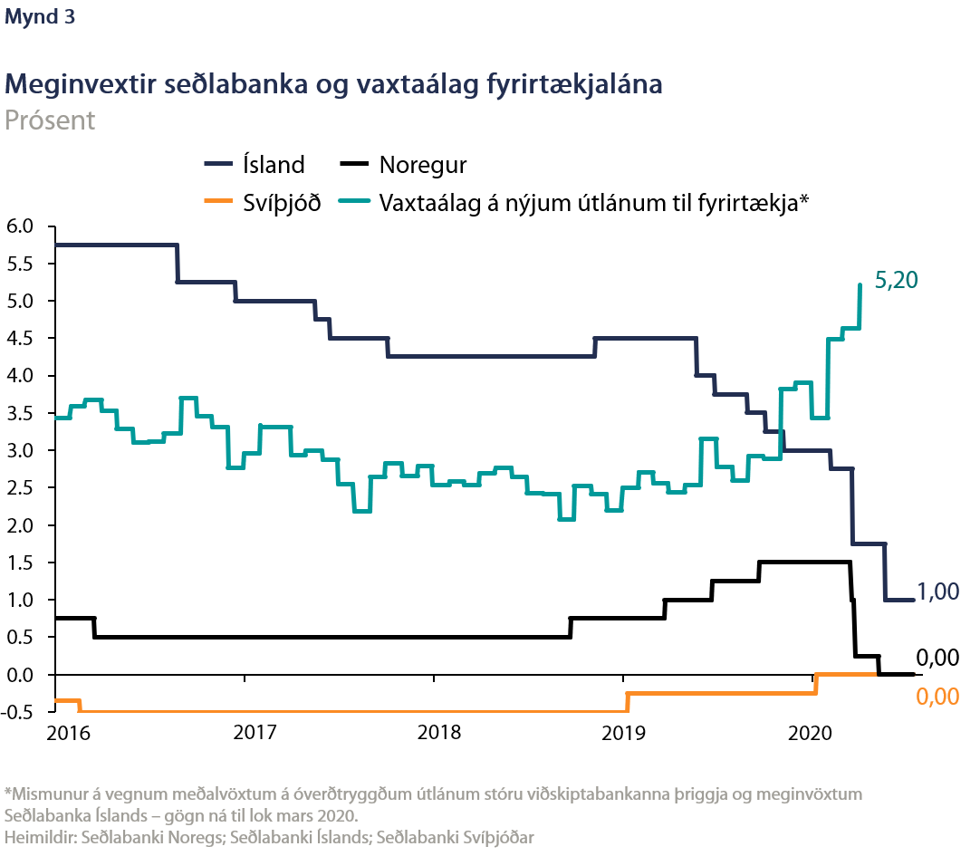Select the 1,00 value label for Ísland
point(937,592)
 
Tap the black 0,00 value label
point(937,659)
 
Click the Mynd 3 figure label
point(40,18)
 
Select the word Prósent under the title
point(50,120)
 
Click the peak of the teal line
point(860,284)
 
